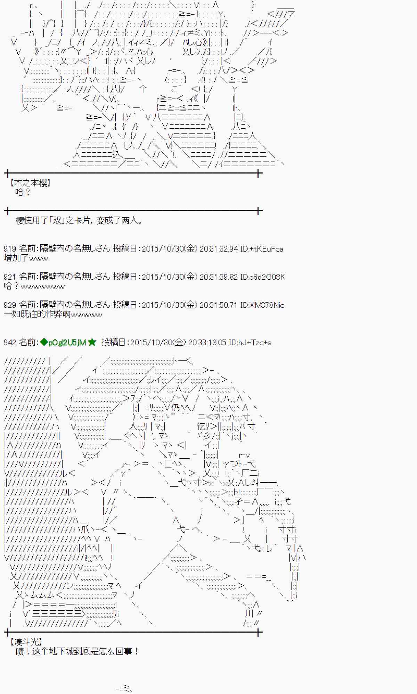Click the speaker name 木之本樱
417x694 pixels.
click(30, 183)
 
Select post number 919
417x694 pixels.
click(10, 249)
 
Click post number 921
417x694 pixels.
click(10, 277)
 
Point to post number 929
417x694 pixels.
click(10, 305)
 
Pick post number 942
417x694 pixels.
click(10, 342)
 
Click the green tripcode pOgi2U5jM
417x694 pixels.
click(67, 342)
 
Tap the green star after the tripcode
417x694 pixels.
click(92, 342)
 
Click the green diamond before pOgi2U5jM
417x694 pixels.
click(44, 342)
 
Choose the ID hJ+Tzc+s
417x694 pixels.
click(250, 342)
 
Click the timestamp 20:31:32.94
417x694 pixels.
click(219, 249)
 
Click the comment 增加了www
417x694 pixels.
click(26, 258)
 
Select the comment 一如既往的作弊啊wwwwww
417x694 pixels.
click(53, 314)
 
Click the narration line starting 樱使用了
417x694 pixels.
click(79, 220)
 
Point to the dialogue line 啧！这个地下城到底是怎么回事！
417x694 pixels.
click(77, 651)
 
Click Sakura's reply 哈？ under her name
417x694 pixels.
click(23, 192)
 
